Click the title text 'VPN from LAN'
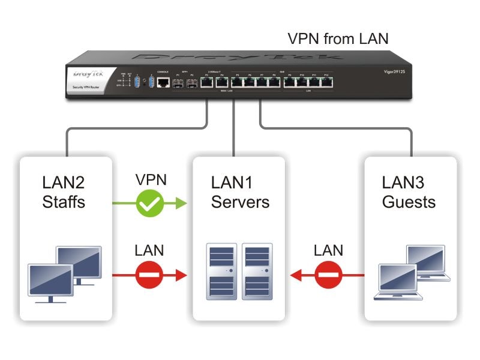(x=338, y=39)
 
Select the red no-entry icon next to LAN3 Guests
(x=328, y=276)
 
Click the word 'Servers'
(x=240, y=202)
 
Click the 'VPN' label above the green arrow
(x=151, y=180)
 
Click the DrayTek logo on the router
(x=84, y=76)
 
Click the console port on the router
(x=163, y=83)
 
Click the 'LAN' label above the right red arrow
(x=328, y=250)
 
